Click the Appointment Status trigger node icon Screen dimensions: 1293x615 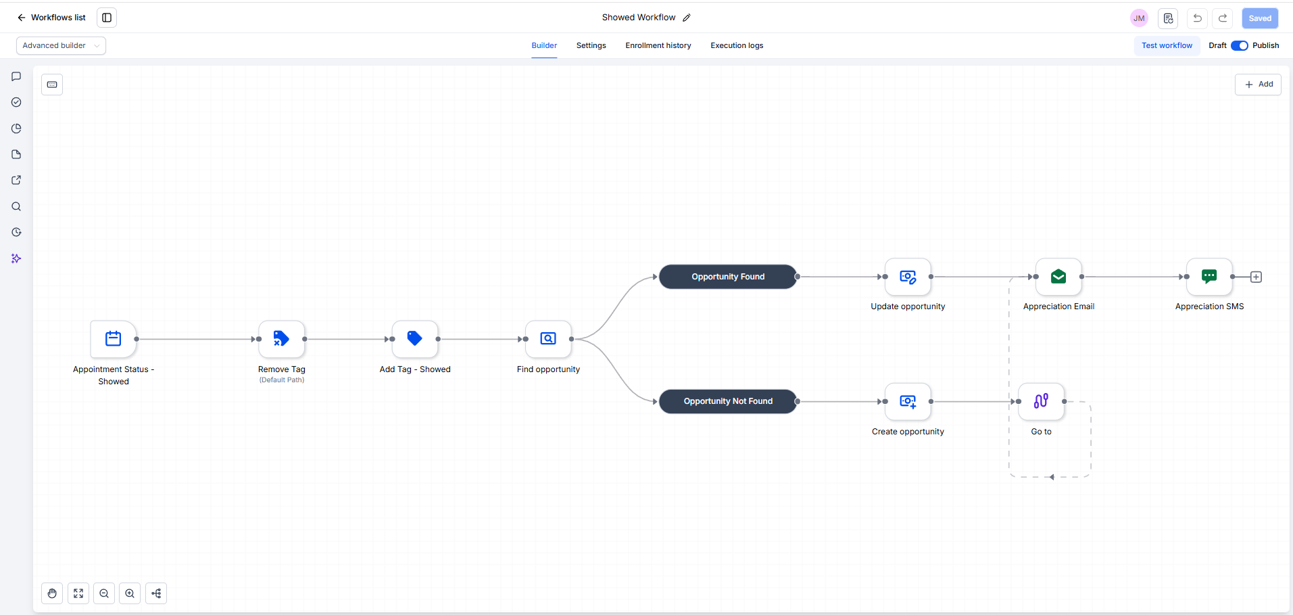(114, 339)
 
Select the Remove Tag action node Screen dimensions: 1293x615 (281, 339)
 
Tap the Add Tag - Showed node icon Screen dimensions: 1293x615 (415, 339)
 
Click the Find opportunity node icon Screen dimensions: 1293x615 (548, 339)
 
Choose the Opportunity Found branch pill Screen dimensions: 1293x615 (728, 277)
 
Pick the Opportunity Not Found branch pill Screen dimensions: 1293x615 (728, 401)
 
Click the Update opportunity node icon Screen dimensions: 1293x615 (908, 277)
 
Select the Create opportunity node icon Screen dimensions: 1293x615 (908, 401)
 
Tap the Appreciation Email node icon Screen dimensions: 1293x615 (1058, 277)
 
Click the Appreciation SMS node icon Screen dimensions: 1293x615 (1209, 277)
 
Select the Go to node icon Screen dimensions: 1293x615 (1041, 401)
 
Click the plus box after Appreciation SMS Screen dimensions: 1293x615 (1256, 277)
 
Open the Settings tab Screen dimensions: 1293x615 (591, 45)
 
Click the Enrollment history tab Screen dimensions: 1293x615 (658, 45)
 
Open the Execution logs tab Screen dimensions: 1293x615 (737, 45)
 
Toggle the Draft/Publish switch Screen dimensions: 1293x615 (1239, 45)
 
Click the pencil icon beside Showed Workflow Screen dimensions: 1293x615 (687, 18)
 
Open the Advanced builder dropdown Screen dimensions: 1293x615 (61, 45)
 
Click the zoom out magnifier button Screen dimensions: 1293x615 (104, 593)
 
